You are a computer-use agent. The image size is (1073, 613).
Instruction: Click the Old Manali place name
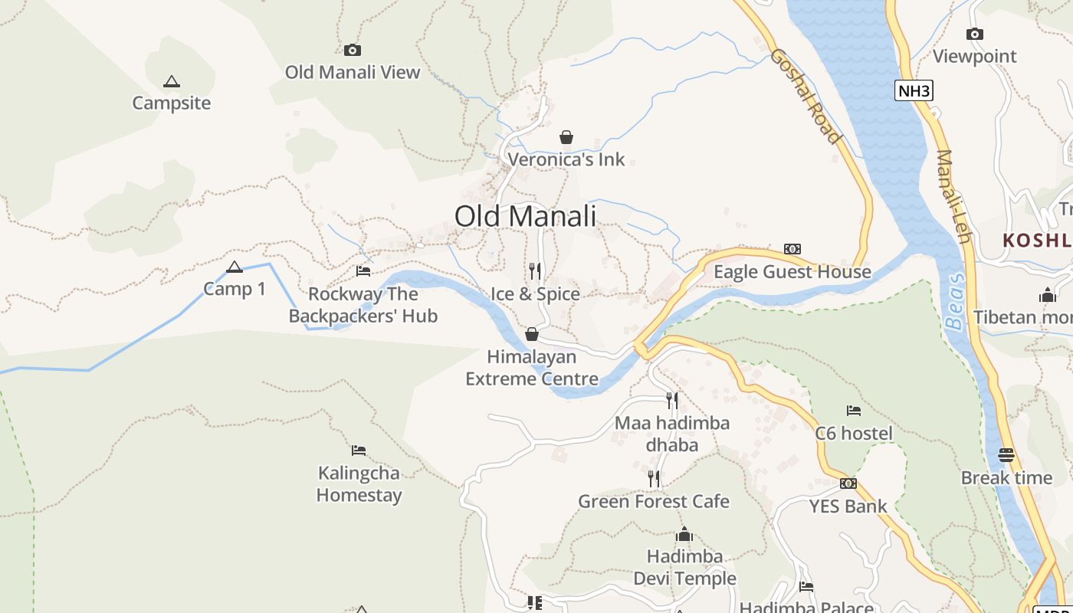point(525,216)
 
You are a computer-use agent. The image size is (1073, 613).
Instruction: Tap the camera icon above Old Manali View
point(353,50)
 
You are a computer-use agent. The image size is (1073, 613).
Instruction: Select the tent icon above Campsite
point(172,81)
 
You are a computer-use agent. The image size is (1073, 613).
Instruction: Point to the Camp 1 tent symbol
point(235,267)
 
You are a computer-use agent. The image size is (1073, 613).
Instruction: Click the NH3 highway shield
point(914,91)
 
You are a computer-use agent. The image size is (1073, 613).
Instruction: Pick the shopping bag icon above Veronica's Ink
point(566,137)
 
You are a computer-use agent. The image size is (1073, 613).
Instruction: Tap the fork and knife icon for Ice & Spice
point(535,270)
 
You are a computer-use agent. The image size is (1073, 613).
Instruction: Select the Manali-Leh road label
point(953,196)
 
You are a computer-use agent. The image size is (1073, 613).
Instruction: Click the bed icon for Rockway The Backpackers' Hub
point(363,270)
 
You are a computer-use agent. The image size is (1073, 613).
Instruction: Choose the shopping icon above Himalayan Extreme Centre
point(532,334)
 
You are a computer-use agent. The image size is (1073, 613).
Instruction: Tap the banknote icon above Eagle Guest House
point(792,248)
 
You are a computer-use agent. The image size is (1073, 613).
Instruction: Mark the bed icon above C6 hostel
point(853,411)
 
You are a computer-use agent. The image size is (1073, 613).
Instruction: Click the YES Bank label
point(848,506)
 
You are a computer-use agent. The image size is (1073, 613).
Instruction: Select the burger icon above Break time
point(1006,455)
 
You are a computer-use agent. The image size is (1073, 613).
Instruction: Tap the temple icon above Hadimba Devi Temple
point(684,534)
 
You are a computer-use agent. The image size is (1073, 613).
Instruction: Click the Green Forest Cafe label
point(654,502)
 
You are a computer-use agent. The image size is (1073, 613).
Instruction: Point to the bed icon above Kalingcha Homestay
point(359,450)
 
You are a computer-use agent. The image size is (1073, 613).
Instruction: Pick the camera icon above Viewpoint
point(975,34)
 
